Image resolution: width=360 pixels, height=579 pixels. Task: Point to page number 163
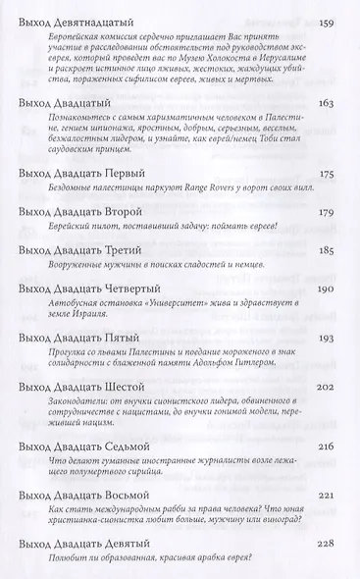point(334,101)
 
